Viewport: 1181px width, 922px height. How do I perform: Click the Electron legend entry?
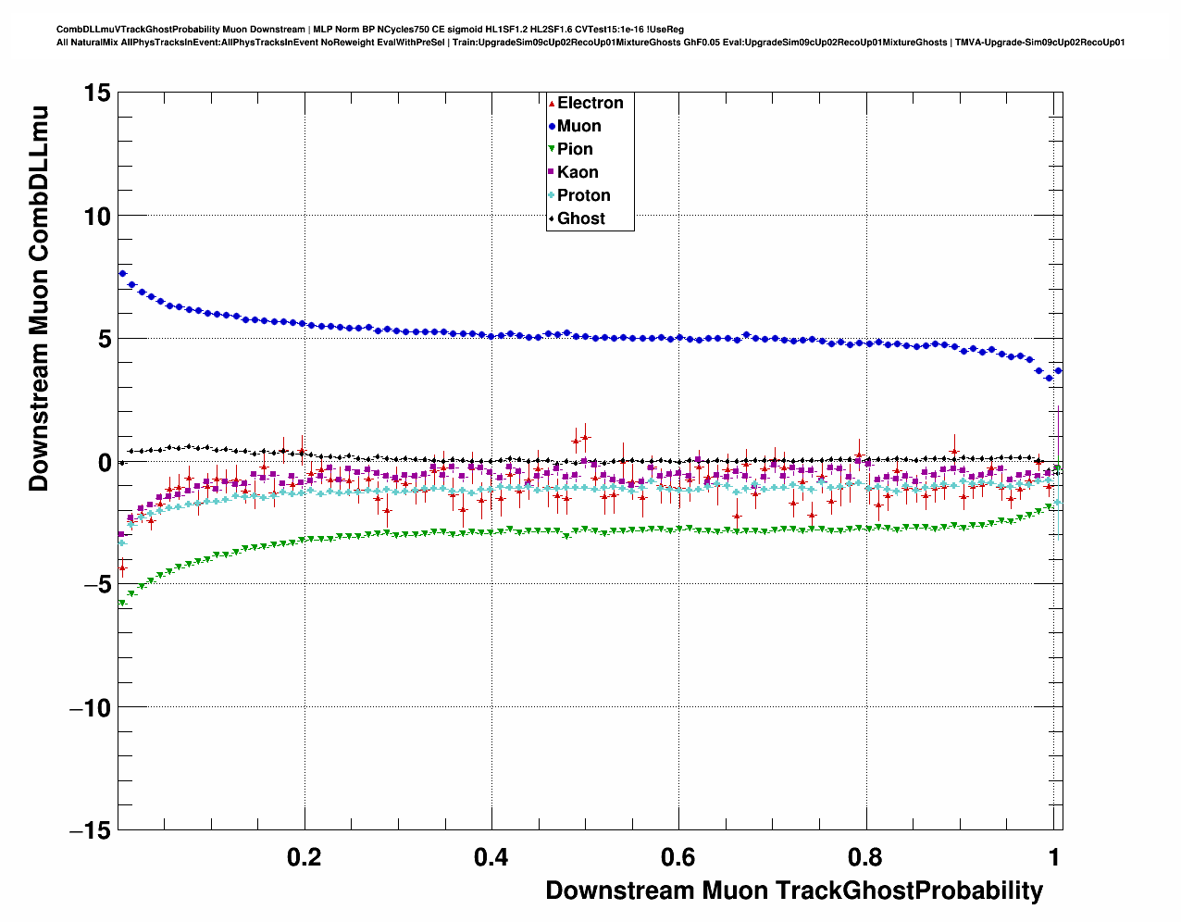590,103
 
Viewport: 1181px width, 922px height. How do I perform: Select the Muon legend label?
578,126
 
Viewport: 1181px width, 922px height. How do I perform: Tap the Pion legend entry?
574,149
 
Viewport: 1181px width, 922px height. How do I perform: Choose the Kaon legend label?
578,172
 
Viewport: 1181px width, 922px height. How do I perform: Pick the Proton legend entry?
583,195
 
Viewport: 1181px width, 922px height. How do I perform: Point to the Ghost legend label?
580,218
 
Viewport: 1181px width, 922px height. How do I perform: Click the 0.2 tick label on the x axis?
305,857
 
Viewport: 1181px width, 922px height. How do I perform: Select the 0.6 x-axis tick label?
678,857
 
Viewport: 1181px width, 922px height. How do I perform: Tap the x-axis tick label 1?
1054,857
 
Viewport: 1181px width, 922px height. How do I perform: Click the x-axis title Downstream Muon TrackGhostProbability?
794,891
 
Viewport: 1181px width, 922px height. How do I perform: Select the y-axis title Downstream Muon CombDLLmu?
39,298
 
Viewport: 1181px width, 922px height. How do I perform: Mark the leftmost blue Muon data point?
122,273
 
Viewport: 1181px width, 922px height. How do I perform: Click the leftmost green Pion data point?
122,603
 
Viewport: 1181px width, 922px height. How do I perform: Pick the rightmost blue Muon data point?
1058,370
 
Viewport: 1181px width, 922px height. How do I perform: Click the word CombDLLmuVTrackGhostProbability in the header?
124,30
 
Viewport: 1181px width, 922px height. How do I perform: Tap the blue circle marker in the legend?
552,126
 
